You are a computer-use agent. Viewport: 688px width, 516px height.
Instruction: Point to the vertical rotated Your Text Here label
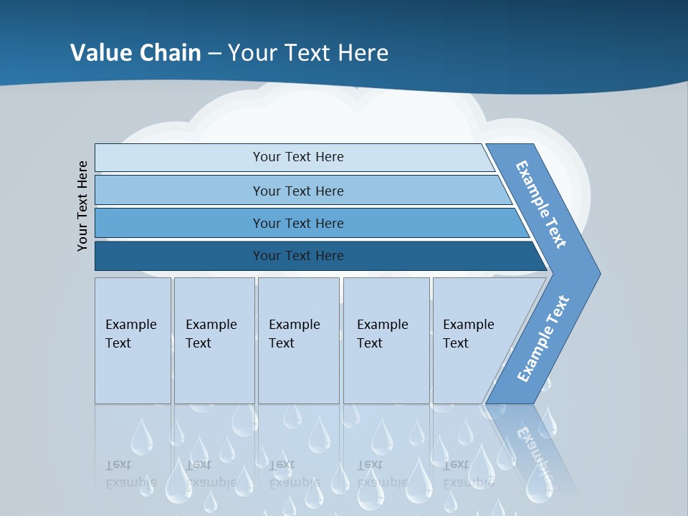(x=82, y=206)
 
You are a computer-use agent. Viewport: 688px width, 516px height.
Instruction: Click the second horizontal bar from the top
(x=298, y=191)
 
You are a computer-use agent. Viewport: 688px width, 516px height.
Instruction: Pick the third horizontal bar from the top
(x=298, y=223)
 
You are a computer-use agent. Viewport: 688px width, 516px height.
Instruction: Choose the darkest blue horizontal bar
(x=298, y=256)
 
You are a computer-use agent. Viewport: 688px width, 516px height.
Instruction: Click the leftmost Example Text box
(x=133, y=340)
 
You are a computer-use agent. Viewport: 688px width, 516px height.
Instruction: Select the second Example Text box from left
(x=214, y=340)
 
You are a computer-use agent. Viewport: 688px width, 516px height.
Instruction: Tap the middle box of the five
(x=298, y=340)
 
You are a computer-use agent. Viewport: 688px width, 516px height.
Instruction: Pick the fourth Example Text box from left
(x=386, y=340)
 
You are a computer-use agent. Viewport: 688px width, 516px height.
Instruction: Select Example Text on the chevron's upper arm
(x=541, y=205)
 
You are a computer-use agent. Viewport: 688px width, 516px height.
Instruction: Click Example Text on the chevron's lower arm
(x=543, y=338)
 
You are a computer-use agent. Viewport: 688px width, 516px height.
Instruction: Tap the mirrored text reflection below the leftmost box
(x=130, y=474)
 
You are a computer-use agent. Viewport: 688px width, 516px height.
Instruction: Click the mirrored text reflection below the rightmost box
(x=468, y=474)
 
